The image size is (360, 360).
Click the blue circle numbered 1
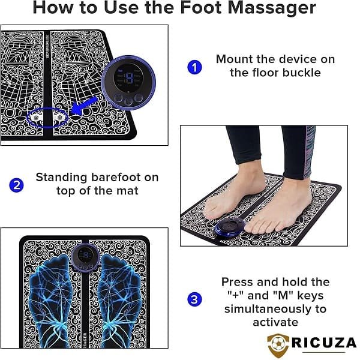tap(194, 67)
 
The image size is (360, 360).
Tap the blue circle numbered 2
tap(16, 185)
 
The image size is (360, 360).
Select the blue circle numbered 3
tap(194, 299)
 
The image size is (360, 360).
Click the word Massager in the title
tap(272, 8)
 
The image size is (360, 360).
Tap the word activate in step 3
tap(275, 322)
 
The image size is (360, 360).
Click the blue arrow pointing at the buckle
tap(84, 106)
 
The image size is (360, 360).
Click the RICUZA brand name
tap(324, 343)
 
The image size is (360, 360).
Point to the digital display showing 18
tap(128, 78)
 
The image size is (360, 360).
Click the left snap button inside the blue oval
tap(36, 118)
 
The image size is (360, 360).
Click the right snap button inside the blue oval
tap(59, 118)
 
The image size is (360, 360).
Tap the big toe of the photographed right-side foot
tap(252, 228)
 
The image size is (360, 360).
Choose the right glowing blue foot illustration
tap(119, 301)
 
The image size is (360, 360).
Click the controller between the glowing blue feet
tap(85, 257)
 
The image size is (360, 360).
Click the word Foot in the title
tap(200, 8)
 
